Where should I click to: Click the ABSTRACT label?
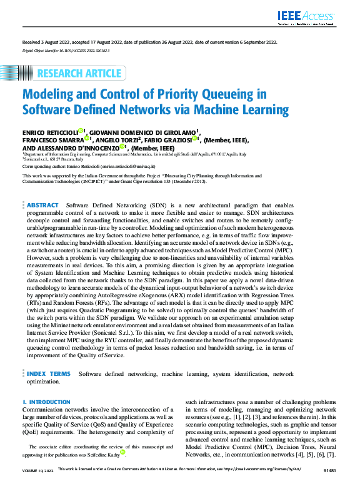coord(42,205)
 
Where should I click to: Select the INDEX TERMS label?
coord(48,373)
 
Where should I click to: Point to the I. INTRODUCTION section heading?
coord(42,402)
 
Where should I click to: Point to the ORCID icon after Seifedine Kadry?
coord(123,452)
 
